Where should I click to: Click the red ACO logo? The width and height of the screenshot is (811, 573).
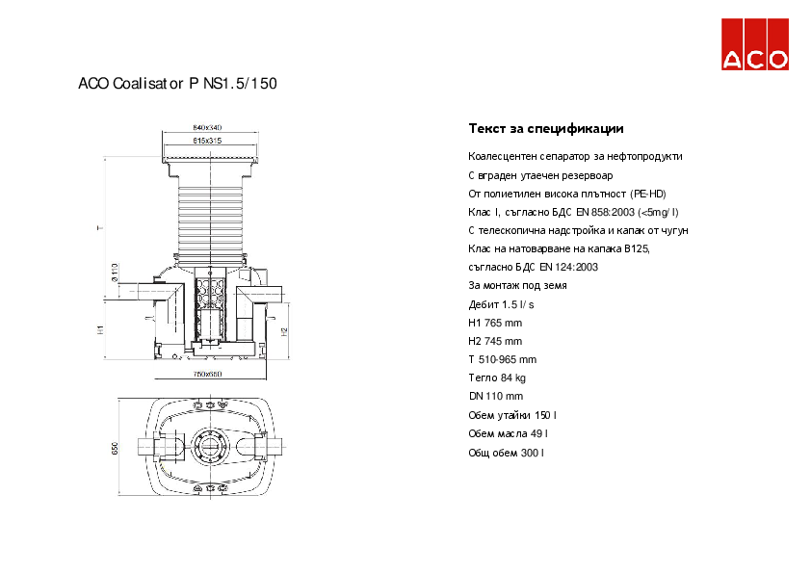pyautogui.click(x=756, y=45)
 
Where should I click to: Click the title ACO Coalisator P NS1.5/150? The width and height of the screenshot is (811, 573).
pyautogui.click(x=177, y=84)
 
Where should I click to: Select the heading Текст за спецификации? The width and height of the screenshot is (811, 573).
pyautogui.click(x=546, y=128)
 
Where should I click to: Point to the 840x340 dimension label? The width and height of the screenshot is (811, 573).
pyautogui.click(x=207, y=127)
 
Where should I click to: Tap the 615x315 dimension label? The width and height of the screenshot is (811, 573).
pyautogui.click(x=207, y=141)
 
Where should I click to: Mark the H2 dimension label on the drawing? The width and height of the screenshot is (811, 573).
pyautogui.click(x=284, y=331)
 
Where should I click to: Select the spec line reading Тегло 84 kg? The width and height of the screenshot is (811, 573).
pyautogui.click(x=497, y=378)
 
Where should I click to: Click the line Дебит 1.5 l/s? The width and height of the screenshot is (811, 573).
pyautogui.click(x=501, y=304)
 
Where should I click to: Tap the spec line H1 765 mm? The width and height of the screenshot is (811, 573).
pyautogui.click(x=495, y=323)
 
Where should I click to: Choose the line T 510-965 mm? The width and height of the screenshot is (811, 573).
pyautogui.click(x=502, y=359)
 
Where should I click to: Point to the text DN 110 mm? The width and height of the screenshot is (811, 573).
pyautogui.click(x=495, y=396)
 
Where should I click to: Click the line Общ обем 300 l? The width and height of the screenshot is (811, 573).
pyautogui.click(x=506, y=451)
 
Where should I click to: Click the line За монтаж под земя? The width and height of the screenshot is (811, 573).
pyautogui.click(x=517, y=286)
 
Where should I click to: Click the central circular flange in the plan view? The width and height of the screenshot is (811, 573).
pyautogui.click(x=208, y=449)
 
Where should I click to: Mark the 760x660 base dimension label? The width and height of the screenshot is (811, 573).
pyautogui.click(x=207, y=373)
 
